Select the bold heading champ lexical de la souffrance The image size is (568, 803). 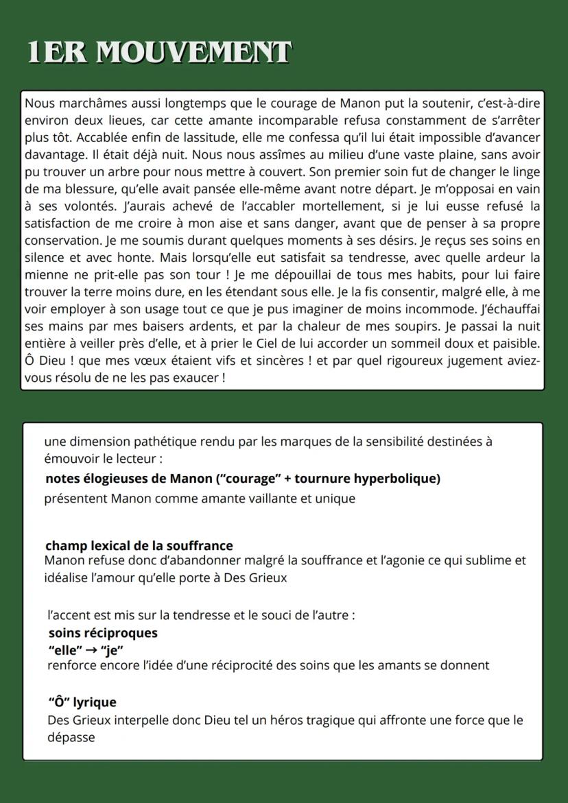click(x=139, y=546)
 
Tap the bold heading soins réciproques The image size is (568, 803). click(x=103, y=633)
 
